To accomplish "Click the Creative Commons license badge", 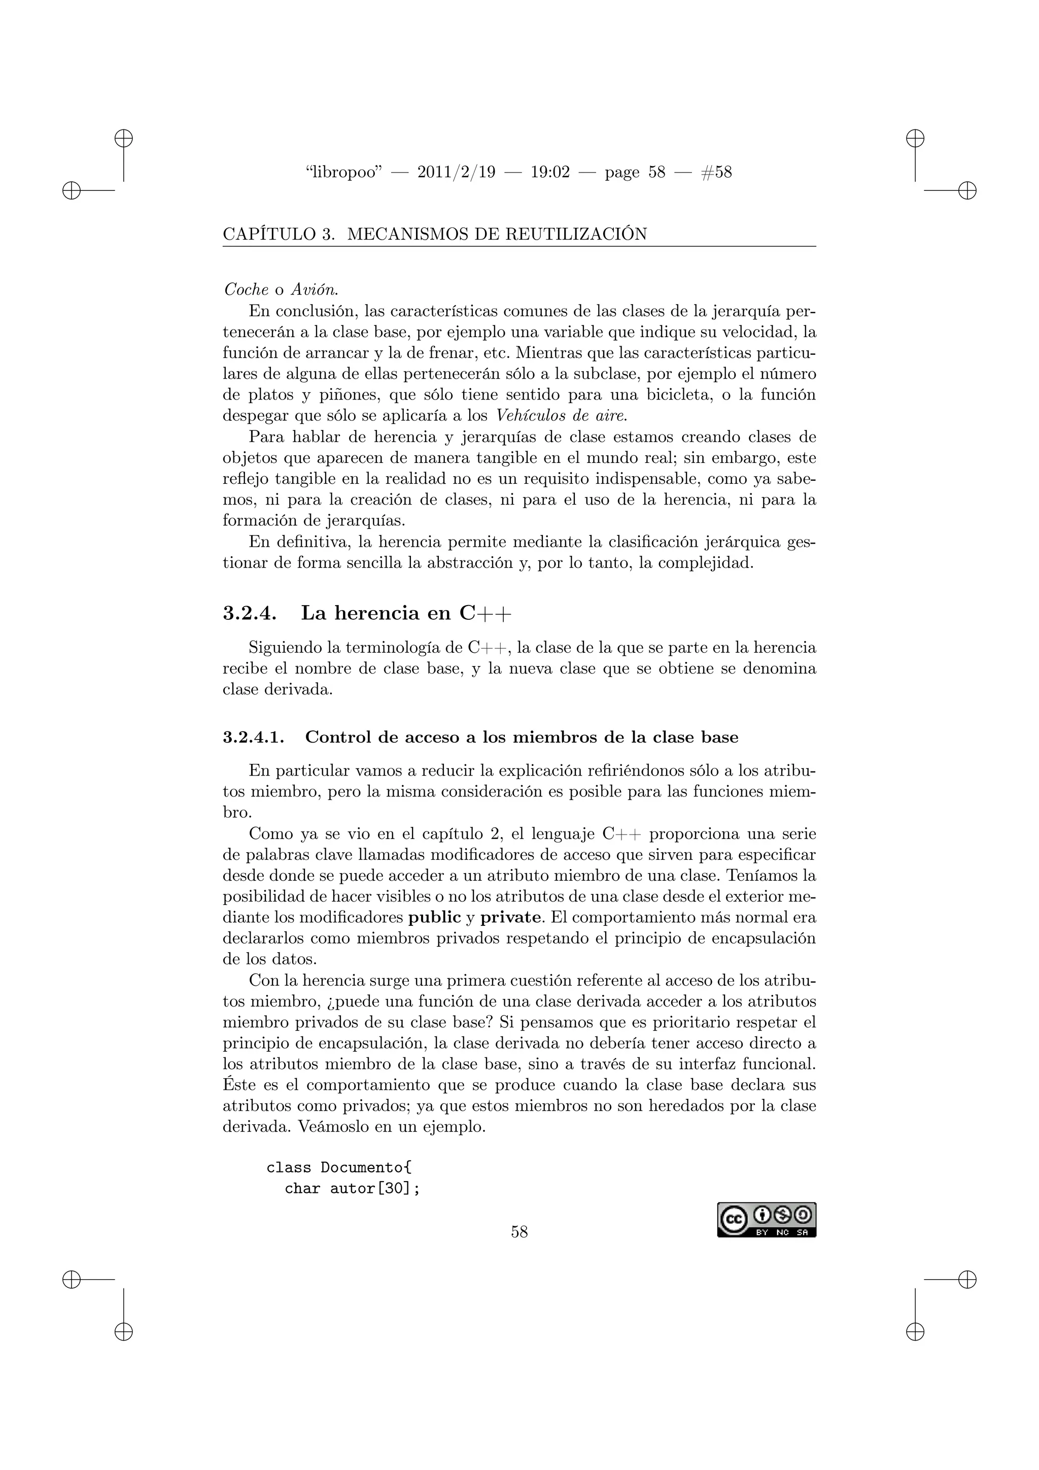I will pos(766,1220).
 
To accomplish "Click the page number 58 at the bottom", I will pos(519,1231).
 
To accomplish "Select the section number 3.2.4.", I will pos(250,613).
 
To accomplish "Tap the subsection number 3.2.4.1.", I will pos(253,737).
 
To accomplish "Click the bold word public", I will pos(434,917).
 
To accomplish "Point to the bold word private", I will pos(510,917).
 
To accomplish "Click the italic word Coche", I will pos(247,289).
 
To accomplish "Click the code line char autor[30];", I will pos(352,1188).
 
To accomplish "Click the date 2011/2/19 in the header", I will pos(456,172).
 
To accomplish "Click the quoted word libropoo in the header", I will pos(344,172).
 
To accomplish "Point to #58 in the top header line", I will pos(716,172).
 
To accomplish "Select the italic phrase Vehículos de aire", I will pos(561,416).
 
